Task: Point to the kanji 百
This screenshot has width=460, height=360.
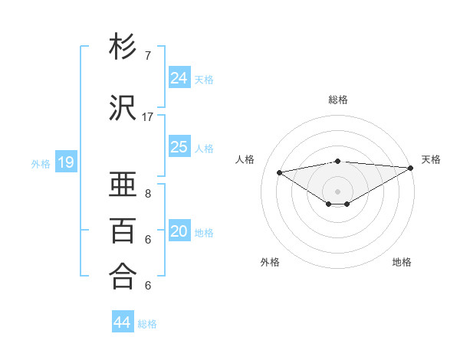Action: click(x=123, y=231)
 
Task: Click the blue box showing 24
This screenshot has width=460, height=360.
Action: click(x=179, y=78)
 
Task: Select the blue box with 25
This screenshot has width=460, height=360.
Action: click(x=179, y=147)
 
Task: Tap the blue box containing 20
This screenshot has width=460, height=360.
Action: click(x=179, y=232)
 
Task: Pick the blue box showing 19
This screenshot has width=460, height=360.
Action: click(x=66, y=162)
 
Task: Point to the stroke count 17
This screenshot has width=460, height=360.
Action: click(x=148, y=117)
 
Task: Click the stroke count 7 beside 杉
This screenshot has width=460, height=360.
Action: click(x=148, y=56)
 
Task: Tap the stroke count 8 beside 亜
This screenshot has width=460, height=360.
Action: click(x=148, y=195)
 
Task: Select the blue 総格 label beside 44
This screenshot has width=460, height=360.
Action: click(x=147, y=324)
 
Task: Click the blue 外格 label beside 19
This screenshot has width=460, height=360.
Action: click(x=41, y=163)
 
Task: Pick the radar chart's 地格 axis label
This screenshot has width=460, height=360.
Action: click(x=402, y=262)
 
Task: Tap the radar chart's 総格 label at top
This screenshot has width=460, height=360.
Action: click(x=338, y=100)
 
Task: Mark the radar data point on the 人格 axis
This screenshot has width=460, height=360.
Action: click(x=279, y=172)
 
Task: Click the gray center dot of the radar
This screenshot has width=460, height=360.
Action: click(x=337, y=191)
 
